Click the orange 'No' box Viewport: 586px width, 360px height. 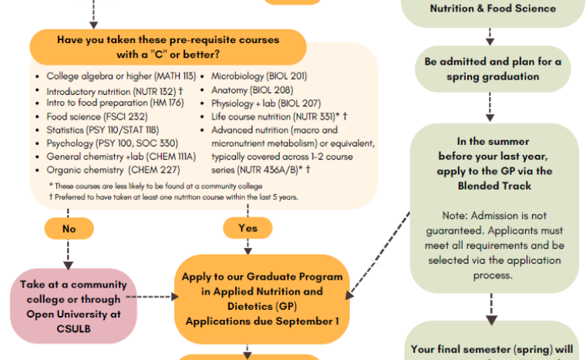(69, 229)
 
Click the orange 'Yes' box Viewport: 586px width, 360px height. (248, 228)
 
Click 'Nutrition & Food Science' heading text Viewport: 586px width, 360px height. (492, 8)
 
